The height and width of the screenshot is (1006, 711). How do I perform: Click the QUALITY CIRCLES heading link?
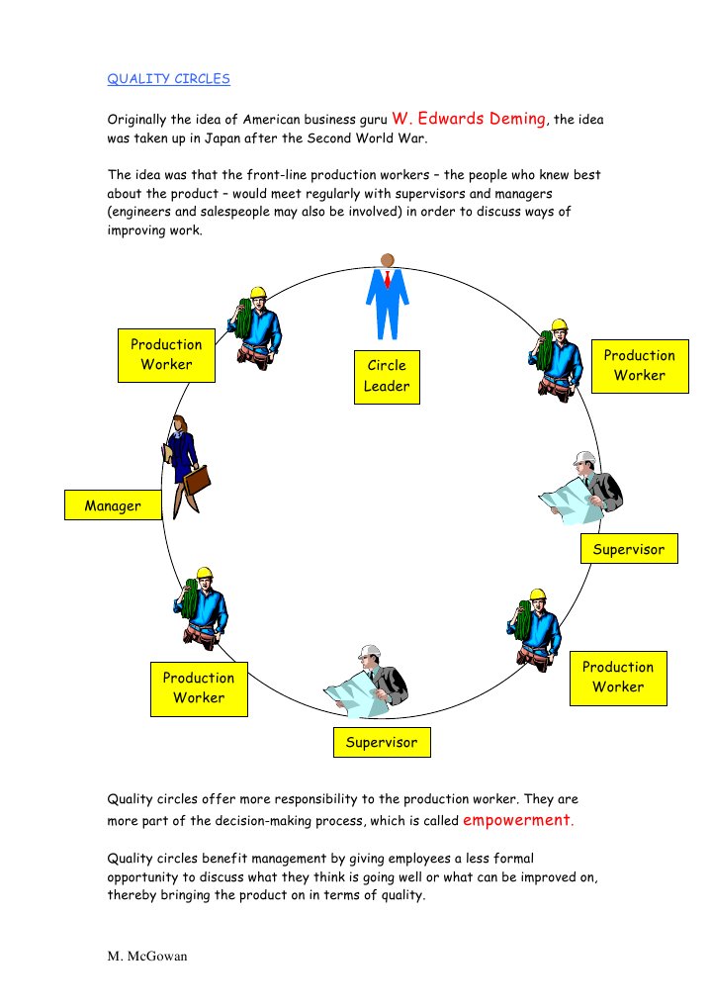click(x=169, y=79)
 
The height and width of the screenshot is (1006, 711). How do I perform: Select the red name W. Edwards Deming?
click(x=470, y=118)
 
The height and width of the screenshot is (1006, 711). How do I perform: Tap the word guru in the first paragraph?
click(x=370, y=121)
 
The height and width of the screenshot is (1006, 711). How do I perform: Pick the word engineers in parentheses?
click(x=144, y=212)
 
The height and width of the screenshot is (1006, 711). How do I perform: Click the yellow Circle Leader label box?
click(x=387, y=376)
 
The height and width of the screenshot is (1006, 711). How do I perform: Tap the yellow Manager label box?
click(x=113, y=505)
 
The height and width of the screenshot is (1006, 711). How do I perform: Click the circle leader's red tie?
click(x=388, y=280)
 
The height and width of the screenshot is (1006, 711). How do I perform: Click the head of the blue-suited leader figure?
click(x=387, y=259)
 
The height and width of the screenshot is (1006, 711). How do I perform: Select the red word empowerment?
click(x=516, y=820)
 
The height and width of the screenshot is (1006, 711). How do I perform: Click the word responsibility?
click(x=299, y=799)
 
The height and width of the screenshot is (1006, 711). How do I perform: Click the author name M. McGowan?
click(x=147, y=959)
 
